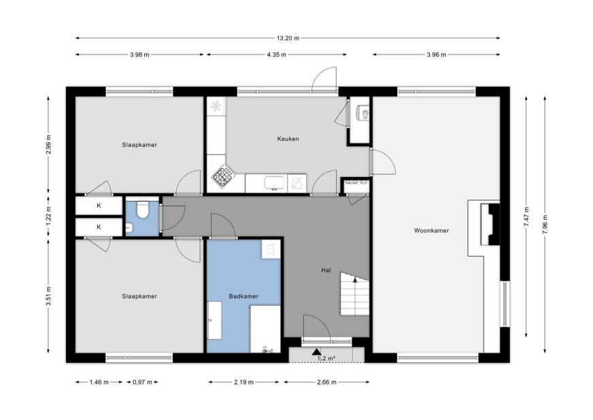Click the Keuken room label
click(288, 139)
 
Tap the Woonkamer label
click(431, 230)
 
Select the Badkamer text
click(243, 296)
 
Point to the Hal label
click(326, 270)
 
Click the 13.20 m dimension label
click(288, 38)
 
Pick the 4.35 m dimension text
click(277, 54)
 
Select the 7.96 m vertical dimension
click(545, 225)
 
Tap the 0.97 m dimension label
click(142, 382)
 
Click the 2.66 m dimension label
click(326, 382)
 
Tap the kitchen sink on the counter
click(274, 183)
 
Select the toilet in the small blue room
click(143, 210)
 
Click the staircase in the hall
click(354, 294)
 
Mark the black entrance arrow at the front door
click(316, 352)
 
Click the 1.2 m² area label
click(326, 358)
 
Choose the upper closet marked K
click(99, 206)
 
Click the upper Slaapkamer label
click(139, 145)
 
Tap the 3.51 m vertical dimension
click(48, 297)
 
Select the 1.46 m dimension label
click(99, 382)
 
